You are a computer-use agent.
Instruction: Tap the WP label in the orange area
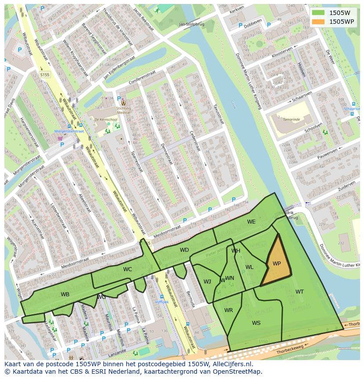(277, 264)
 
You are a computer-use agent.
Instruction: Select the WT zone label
(299, 292)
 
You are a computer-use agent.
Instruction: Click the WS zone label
(256, 323)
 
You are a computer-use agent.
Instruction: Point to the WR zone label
(229, 310)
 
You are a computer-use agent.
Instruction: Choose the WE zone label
(251, 222)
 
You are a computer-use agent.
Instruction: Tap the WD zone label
(184, 250)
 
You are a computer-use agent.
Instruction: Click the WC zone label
(127, 269)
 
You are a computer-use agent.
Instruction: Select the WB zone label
(65, 294)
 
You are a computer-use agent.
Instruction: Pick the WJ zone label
(207, 282)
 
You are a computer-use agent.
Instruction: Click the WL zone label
(249, 267)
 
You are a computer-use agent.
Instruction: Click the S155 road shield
(44, 75)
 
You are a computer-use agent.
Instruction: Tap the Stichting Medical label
(123, 110)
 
